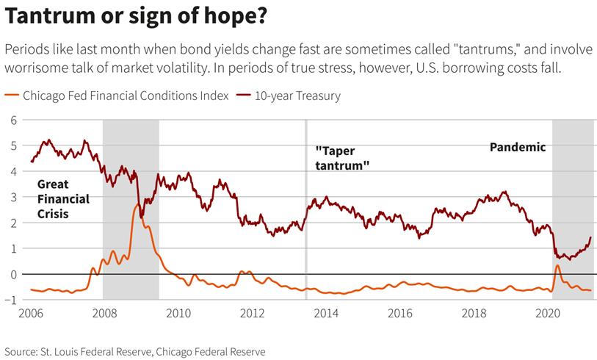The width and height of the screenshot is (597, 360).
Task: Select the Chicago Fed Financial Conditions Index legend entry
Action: pos(126,96)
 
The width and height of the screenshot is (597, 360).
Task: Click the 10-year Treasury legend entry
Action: pos(297,96)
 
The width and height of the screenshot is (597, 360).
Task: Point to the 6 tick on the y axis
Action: pos(12,120)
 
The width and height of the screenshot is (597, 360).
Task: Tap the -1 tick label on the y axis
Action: pos(11,300)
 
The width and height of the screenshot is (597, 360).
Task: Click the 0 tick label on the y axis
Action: pos(12,274)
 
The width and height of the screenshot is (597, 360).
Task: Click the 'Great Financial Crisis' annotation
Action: pos(63,199)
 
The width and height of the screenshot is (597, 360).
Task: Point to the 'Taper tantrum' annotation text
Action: pos(341,159)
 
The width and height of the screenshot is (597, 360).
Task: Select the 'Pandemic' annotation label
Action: pos(518,147)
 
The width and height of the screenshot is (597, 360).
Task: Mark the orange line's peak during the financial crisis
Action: pos(138,204)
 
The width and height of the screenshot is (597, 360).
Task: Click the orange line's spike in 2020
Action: pos(557,265)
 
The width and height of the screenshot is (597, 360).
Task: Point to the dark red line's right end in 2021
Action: pos(590,238)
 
